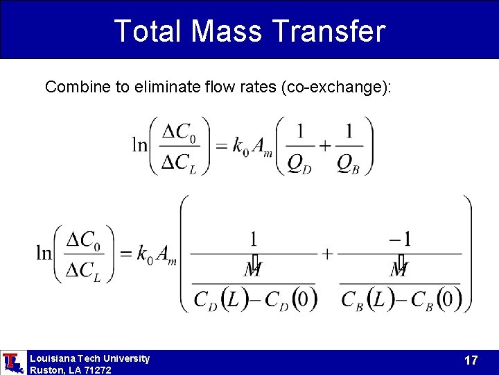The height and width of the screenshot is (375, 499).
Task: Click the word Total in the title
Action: tap(146, 31)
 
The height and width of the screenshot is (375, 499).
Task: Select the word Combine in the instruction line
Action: tap(72, 87)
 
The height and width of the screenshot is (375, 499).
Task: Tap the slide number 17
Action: tap(471, 360)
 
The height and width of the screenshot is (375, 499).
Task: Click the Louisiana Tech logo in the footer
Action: tap(12, 362)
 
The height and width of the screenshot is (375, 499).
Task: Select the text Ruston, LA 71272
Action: tap(70, 370)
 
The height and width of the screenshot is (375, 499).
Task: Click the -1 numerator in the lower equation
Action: tap(400, 240)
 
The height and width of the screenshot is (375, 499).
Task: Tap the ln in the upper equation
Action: tap(139, 145)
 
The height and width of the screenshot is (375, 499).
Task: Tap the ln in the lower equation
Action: tap(44, 253)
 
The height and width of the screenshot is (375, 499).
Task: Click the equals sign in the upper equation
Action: tap(222, 145)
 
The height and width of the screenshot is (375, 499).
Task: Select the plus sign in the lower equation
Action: tap(327, 253)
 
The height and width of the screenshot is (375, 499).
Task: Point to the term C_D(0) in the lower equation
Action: tap(287, 299)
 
